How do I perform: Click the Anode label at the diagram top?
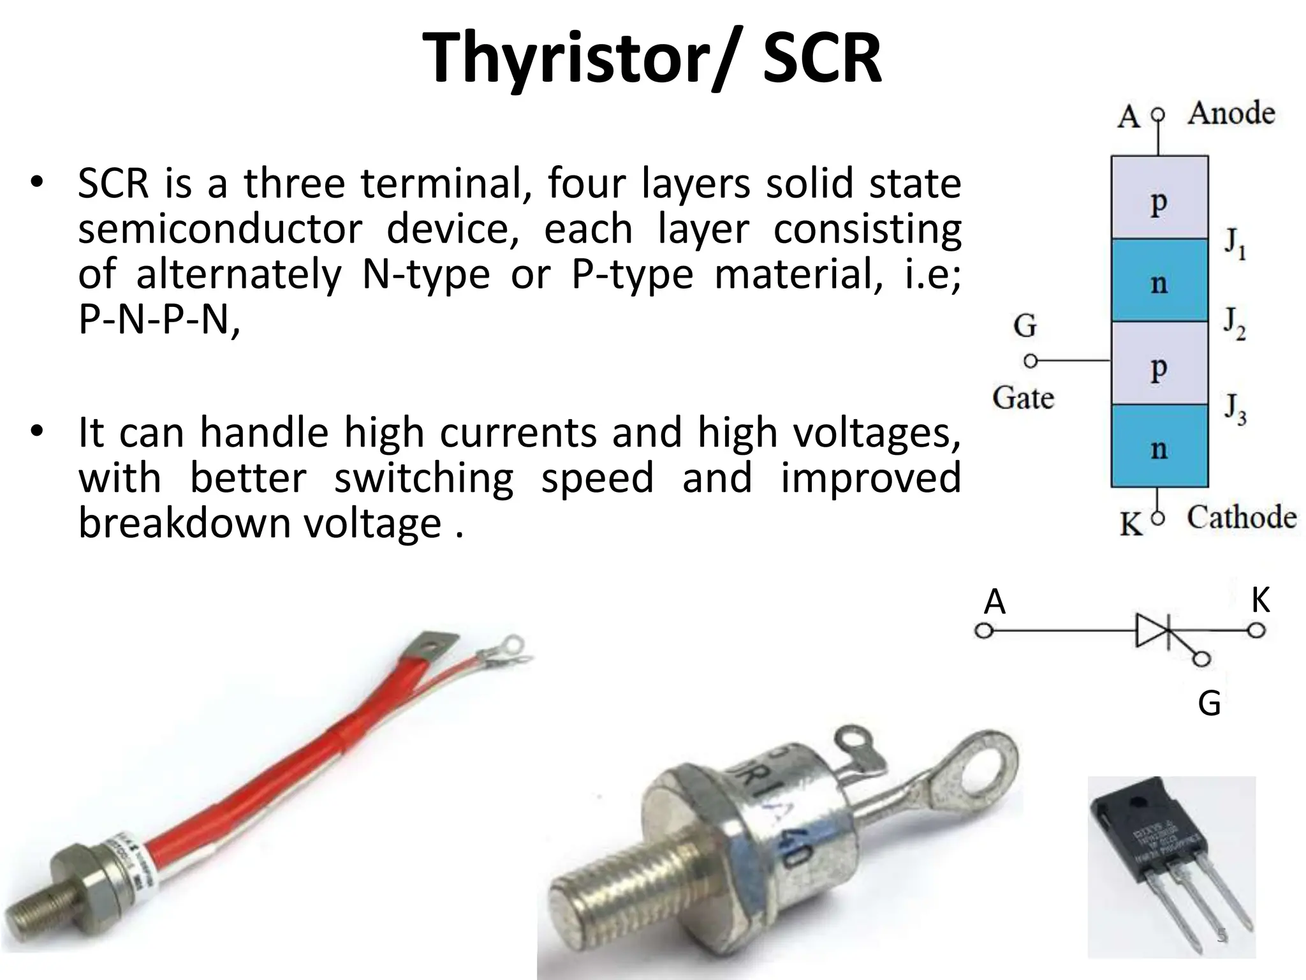tap(1231, 114)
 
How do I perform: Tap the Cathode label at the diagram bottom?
tap(1241, 517)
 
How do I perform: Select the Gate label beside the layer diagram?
tap(1023, 398)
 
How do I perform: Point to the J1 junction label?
tap(1235, 244)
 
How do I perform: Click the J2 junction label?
tap(1235, 325)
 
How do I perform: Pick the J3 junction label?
tap(1235, 409)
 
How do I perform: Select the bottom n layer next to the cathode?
tap(1159, 447)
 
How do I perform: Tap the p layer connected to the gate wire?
tap(1159, 365)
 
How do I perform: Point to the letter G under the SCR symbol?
tap(1209, 704)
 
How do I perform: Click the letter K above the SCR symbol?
tap(1260, 600)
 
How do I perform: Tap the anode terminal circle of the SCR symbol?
tap(984, 632)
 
